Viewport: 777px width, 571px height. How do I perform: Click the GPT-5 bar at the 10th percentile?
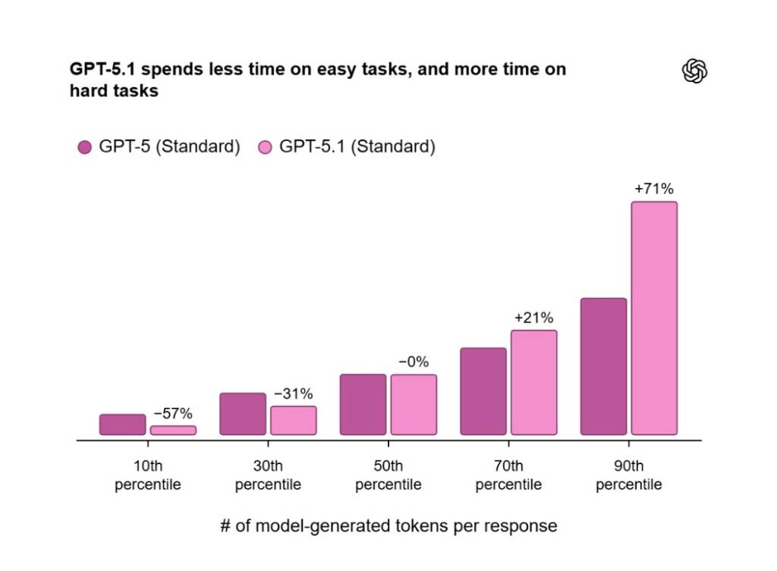pos(122,425)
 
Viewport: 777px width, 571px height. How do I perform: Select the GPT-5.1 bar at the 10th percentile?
pos(173,430)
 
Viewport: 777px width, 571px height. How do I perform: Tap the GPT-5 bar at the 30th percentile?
pos(243,414)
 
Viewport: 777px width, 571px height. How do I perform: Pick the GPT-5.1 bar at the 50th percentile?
pos(414,405)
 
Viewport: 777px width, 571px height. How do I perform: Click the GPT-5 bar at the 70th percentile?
pos(483,391)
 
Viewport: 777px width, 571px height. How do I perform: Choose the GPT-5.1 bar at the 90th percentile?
pos(654,318)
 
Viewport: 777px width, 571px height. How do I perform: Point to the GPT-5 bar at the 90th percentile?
pos(603,366)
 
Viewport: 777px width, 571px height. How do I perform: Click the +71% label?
pos(654,188)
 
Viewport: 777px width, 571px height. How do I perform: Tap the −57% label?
pos(173,413)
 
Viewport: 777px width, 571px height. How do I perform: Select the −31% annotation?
pos(293,394)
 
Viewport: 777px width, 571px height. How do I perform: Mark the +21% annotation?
pos(533,317)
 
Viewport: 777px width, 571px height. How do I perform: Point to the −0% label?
pos(414,362)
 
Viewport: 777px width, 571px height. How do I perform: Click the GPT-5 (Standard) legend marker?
pos(84,147)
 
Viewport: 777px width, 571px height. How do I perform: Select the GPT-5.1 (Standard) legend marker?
pos(265,147)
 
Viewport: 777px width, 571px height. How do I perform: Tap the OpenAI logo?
pos(694,71)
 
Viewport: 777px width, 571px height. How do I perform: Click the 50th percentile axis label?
pos(388,475)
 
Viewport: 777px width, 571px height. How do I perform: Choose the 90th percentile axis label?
pos(629,475)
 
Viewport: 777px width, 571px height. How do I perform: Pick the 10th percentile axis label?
pos(148,475)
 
